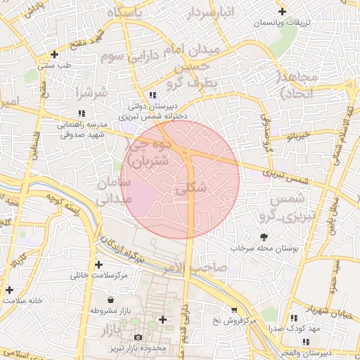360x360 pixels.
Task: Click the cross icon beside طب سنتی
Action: [x=55, y=53]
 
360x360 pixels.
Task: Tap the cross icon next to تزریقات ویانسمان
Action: [x=282, y=11]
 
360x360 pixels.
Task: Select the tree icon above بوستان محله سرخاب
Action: [x=264, y=237]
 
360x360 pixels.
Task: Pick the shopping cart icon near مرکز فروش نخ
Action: [x=234, y=309]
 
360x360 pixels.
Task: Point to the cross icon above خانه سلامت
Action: [x=9, y=289]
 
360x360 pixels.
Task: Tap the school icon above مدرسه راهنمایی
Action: [x=82, y=113]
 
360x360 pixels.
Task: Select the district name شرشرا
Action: [x=92, y=91]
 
